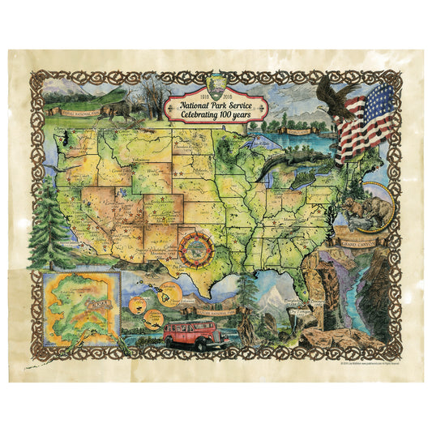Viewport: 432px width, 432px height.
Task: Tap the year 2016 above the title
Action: [240, 84]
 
